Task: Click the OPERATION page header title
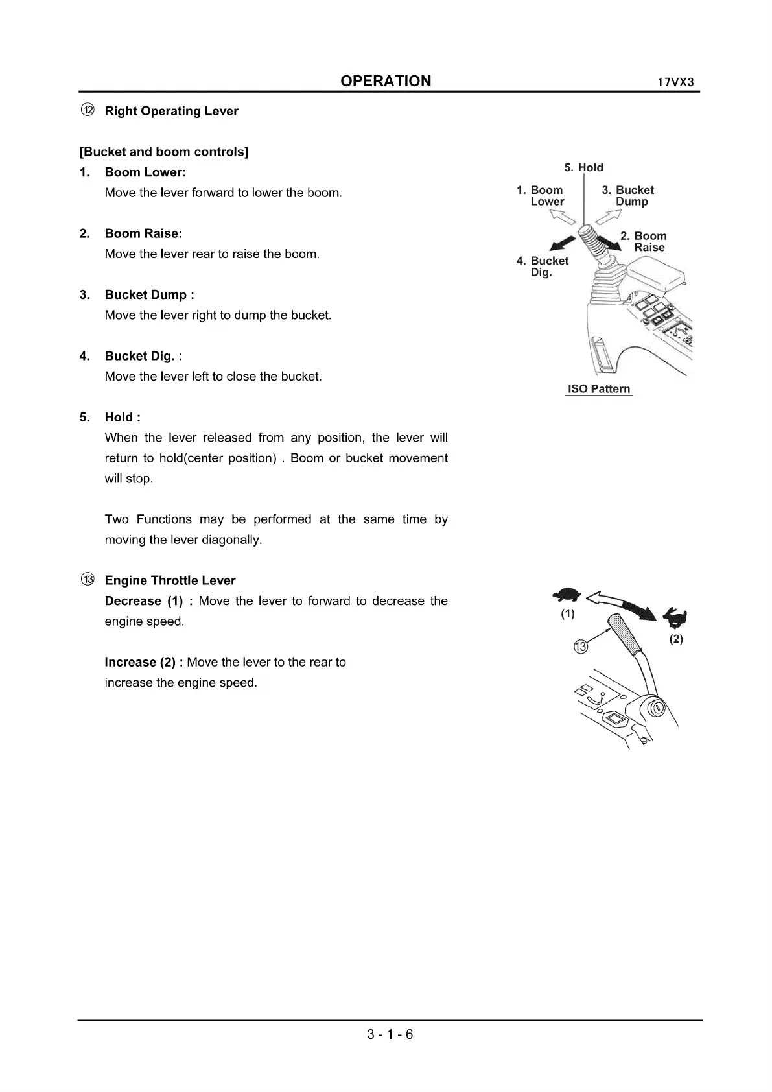pos(386,81)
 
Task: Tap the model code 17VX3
pos(675,83)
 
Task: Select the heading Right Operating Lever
pos(171,111)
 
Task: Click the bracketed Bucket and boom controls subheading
pos(164,152)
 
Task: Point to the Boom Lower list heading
pos(145,172)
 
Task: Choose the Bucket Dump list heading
pos(149,295)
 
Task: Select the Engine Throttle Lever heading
pos(170,580)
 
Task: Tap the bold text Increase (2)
pos(143,662)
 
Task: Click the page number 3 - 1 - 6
pos(390,1034)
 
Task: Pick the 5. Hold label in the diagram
pos(583,167)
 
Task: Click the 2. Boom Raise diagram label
pos(644,242)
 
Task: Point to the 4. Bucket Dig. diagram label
pos(543,267)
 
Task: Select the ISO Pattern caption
pos(599,389)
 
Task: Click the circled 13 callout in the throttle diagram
pos(581,647)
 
